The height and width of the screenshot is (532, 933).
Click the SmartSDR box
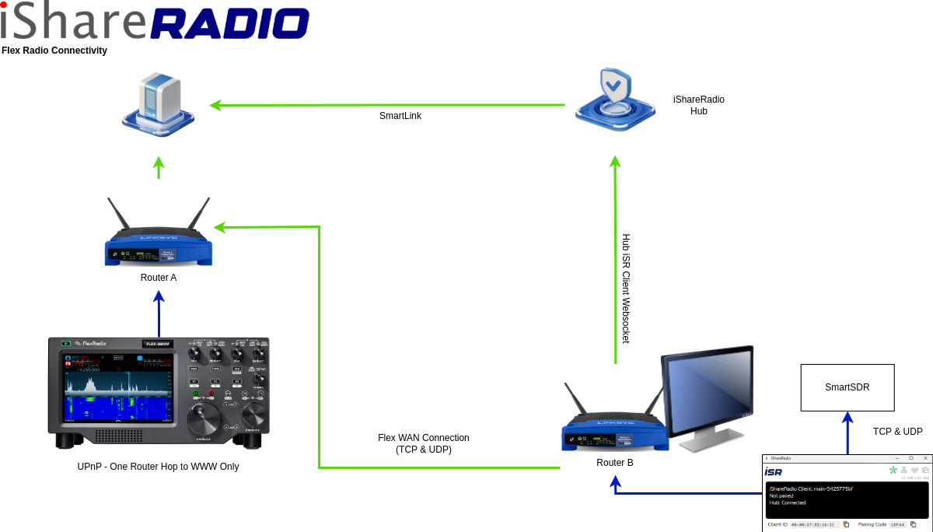(847, 387)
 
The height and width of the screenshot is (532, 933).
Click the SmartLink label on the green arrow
(400, 116)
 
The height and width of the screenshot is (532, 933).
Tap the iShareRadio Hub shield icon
(615, 101)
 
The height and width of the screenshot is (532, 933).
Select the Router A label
(159, 278)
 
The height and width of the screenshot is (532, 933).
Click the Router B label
(615, 463)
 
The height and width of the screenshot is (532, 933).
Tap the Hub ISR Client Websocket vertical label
(626, 289)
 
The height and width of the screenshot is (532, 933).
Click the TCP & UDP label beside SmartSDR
(898, 432)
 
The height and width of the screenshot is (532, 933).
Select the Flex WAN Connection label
(424, 443)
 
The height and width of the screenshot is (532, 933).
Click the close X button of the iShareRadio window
(925, 458)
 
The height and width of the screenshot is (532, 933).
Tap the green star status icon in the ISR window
(893, 471)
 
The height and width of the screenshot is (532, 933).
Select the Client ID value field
(812, 524)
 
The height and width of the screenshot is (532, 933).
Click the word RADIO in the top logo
(229, 23)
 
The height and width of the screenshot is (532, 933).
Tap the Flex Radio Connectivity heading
(54, 51)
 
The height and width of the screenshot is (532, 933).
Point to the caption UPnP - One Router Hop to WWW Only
(158, 467)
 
